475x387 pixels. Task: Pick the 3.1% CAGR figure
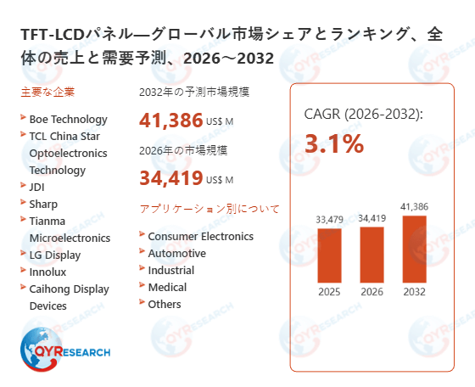click(333, 144)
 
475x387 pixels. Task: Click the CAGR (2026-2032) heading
click(363, 114)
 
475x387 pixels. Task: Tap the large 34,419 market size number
click(170, 177)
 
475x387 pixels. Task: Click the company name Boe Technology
click(68, 119)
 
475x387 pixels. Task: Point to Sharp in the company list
click(44, 204)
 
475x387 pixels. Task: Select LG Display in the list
click(55, 255)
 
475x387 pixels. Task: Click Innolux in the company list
click(49, 272)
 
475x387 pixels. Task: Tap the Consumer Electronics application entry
click(200, 236)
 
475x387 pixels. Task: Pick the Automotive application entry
click(176, 253)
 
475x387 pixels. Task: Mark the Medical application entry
click(167, 287)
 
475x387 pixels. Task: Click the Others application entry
click(165, 304)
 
